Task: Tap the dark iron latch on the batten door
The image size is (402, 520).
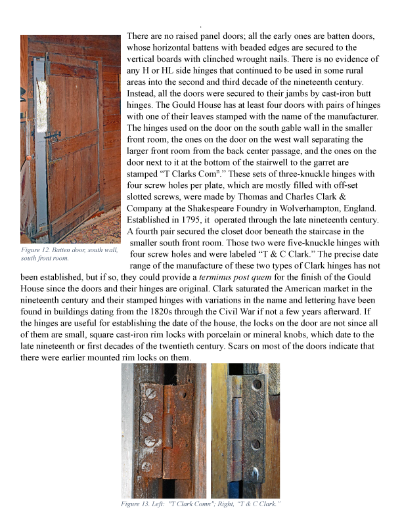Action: tap(49, 137)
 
